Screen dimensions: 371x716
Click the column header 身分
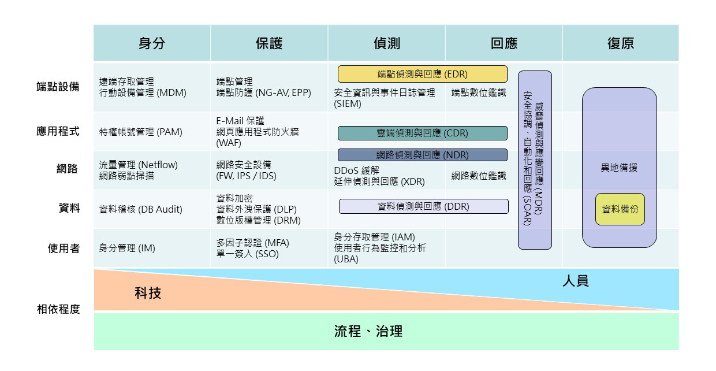pos(151,44)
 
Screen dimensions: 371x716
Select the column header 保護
pos(269,44)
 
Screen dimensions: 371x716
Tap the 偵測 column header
pos(386,44)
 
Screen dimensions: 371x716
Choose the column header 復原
pos(621,44)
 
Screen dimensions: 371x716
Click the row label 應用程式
pos(58,131)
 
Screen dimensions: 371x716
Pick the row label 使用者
pos(64,249)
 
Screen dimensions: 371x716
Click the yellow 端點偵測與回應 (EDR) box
pos(422,74)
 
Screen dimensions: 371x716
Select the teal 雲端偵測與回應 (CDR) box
pos(422,133)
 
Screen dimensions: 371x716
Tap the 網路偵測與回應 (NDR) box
pos(422,155)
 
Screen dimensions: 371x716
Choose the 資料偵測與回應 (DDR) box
pos(423,206)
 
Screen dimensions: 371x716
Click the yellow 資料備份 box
pos(620,209)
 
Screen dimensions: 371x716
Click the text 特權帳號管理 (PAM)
pos(140,132)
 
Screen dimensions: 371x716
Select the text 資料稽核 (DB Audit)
pos(140,209)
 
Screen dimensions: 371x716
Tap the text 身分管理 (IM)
pos(127,249)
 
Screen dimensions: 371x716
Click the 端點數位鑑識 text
pos(479,92)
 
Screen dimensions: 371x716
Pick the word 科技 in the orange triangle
pos(148,293)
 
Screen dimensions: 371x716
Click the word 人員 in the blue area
pos(575,281)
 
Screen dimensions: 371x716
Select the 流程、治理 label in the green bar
pos(368,331)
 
